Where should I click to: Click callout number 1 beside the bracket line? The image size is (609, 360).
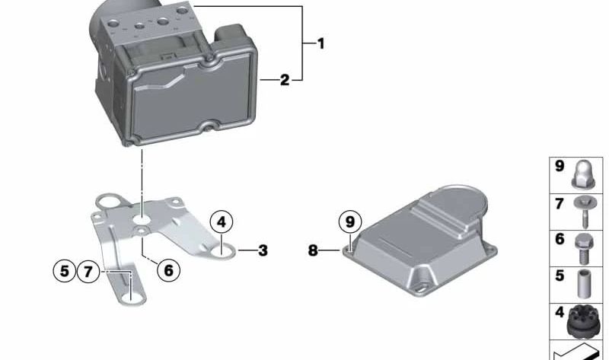point(320,44)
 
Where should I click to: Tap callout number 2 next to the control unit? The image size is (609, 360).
point(285,79)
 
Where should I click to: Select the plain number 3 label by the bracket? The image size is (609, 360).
point(263,250)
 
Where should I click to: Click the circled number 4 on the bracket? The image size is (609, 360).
point(221,222)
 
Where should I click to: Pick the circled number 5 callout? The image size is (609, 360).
point(65,270)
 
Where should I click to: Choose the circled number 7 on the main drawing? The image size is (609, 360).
point(88,270)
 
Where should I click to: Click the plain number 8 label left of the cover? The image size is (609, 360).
point(314,250)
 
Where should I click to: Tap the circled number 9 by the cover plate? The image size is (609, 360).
point(349,222)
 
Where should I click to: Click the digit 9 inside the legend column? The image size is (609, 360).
point(559,166)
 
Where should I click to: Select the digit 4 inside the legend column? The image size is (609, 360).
point(559,311)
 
